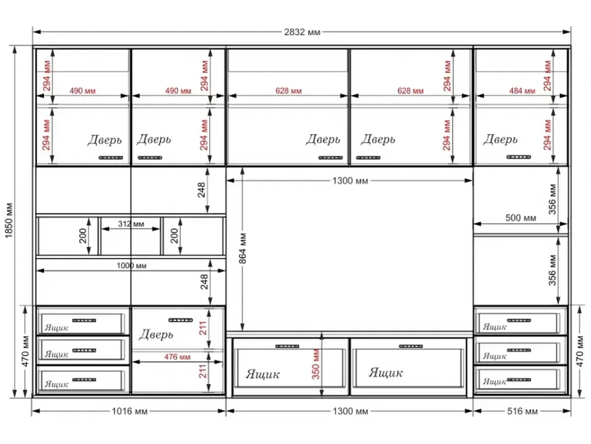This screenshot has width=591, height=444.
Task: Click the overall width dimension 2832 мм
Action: click(302, 32)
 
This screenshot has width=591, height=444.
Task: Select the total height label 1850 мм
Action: click(9, 221)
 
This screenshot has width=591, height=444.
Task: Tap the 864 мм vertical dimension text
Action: click(242, 248)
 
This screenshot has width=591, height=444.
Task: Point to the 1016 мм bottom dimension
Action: click(129, 411)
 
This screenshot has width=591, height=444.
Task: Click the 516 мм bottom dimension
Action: click(522, 411)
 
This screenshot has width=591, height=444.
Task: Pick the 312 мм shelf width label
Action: click(131, 224)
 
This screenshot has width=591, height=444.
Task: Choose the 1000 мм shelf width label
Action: click(131, 265)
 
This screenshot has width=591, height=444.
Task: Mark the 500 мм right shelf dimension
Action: click(520, 218)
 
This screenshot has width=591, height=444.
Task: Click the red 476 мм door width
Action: click(177, 357)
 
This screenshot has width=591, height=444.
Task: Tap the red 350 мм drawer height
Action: click(316, 364)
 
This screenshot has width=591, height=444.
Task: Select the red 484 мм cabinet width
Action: click(522, 91)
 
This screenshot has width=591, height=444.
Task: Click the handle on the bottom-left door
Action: click(180, 320)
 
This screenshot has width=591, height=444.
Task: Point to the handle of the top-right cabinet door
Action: click(518, 157)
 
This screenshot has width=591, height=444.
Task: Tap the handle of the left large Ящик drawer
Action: click(287, 346)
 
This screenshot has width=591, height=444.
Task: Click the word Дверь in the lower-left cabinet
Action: click(156, 335)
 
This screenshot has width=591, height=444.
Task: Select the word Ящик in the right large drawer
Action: click(386, 373)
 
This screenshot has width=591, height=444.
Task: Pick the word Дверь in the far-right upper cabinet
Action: click(501, 140)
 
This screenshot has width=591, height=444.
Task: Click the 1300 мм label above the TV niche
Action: click(350, 181)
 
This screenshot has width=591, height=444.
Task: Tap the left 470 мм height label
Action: click(26, 351)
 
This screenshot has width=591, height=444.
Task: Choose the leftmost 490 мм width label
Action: click(82, 91)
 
